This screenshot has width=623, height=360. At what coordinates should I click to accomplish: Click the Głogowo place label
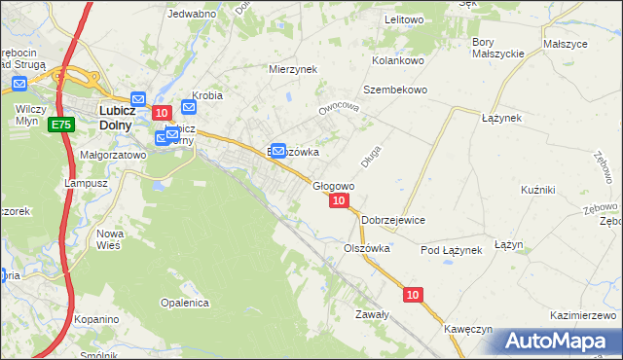click(x=332, y=185)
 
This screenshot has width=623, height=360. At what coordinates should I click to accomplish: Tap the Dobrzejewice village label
click(x=393, y=220)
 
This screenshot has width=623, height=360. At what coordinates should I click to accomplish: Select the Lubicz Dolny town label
click(x=124, y=118)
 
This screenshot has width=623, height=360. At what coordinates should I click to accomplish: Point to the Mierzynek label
click(x=294, y=69)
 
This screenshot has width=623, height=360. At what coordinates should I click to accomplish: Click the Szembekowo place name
click(x=395, y=90)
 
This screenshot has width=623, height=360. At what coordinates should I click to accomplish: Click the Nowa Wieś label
click(x=108, y=239)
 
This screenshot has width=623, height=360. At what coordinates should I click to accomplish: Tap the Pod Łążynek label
click(x=452, y=250)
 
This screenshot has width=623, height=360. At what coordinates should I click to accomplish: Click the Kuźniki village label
click(x=537, y=189)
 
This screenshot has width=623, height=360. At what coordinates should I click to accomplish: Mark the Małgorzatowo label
click(x=112, y=154)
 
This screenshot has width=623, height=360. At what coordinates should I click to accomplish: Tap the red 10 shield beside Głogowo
click(x=338, y=200)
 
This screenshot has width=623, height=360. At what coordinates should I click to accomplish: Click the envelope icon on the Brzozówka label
click(x=277, y=151)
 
